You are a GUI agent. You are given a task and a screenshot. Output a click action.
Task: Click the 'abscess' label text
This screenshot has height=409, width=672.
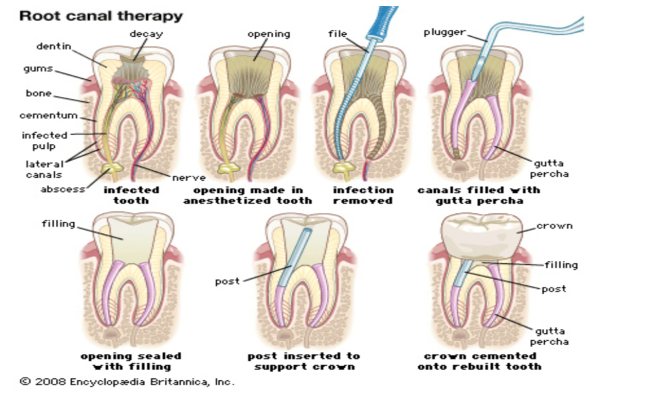point(63,189)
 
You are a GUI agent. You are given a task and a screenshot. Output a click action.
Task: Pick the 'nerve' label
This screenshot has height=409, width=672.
point(188,178)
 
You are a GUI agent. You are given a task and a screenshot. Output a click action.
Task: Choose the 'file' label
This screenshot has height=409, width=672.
point(337,34)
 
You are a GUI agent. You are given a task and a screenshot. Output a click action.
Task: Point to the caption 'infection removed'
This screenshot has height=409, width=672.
point(363,195)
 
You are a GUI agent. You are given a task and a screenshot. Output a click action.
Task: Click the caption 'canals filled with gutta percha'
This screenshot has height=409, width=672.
point(479,195)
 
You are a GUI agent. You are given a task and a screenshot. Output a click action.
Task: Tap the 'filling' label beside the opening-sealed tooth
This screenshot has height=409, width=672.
point(59,223)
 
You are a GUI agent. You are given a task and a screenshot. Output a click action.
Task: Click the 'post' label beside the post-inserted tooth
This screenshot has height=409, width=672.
point(227,281)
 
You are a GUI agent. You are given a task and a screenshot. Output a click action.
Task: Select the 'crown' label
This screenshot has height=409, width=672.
point(554,226)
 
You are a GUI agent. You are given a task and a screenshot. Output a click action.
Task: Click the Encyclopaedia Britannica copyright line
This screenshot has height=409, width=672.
point(127,381)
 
